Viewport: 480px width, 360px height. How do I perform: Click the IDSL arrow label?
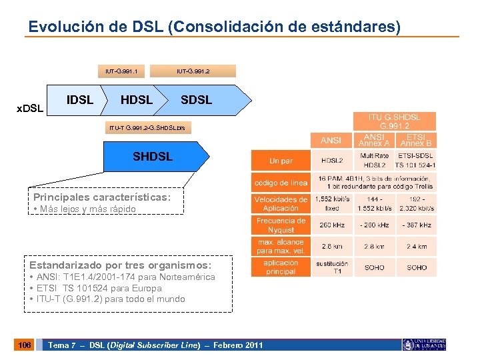81,100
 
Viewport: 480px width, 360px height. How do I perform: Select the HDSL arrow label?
136,100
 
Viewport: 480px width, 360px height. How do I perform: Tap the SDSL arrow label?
196,100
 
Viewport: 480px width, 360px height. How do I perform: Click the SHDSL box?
153,157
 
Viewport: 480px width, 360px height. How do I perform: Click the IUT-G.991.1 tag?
121,71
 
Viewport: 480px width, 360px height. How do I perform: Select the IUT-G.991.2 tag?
193,71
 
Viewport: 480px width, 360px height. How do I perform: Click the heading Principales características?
102,197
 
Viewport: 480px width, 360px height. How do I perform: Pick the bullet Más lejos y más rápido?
85,209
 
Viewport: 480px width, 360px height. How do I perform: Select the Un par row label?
281,161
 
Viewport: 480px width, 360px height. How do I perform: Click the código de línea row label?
281,183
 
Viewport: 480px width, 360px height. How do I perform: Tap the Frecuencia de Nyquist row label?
281,225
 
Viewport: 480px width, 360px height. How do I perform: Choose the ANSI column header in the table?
331,140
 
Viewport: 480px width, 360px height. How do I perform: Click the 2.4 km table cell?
417,247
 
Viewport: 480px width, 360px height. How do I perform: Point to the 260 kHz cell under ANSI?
331,225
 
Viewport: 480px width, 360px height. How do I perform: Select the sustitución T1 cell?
331,267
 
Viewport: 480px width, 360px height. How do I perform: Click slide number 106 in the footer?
24,345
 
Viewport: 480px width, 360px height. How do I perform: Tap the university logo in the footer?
424,345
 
